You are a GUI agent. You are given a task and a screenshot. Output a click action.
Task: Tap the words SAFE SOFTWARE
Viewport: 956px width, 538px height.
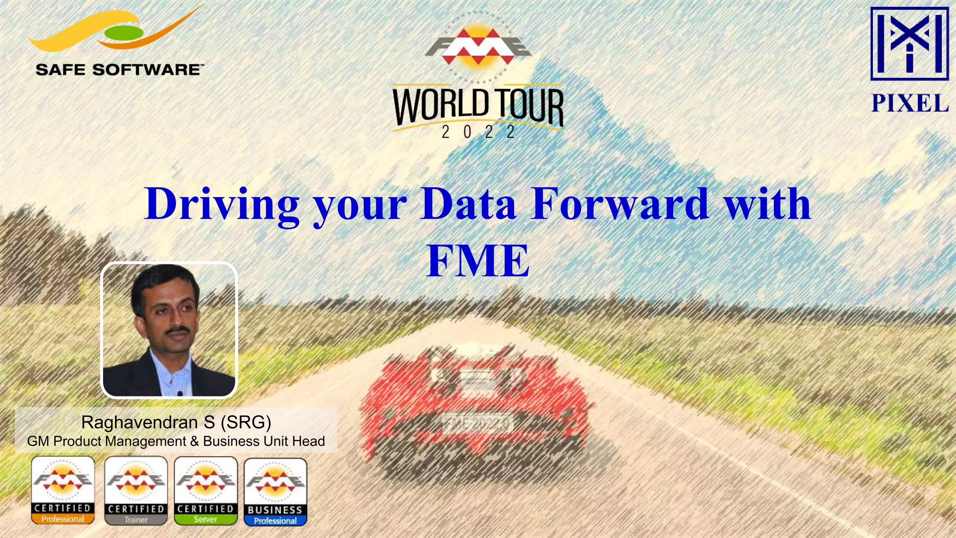point(119,70)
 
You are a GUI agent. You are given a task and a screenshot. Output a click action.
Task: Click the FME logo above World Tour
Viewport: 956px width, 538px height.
point(478,47)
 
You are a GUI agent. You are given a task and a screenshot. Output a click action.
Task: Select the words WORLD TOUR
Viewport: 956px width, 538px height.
point(478,106)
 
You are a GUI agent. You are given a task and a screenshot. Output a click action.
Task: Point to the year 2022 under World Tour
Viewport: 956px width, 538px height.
point(478,132)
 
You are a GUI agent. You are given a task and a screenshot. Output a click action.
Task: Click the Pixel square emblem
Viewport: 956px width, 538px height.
point(909,44)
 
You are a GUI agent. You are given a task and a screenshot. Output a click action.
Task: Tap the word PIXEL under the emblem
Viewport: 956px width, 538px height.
point(910,104)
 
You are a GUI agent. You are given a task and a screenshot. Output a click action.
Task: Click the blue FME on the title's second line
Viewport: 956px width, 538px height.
point(478,261)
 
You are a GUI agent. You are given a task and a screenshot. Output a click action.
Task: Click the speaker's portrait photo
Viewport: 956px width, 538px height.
point(169,330)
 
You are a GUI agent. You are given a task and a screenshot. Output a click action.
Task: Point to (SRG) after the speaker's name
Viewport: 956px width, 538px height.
point(246,422)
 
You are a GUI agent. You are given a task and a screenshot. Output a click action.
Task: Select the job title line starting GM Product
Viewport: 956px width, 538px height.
point(176,441)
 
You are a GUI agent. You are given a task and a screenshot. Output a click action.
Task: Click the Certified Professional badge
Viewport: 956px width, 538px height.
point(63,491)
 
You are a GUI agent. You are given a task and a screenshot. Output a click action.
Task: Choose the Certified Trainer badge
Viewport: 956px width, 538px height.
point(136,491)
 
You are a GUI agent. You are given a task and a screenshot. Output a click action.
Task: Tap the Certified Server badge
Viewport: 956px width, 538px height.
point(205,491)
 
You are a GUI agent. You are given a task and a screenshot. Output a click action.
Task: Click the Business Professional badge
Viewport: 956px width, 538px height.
point(275,492)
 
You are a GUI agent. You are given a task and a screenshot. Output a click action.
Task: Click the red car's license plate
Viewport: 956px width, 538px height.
point(477,424)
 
